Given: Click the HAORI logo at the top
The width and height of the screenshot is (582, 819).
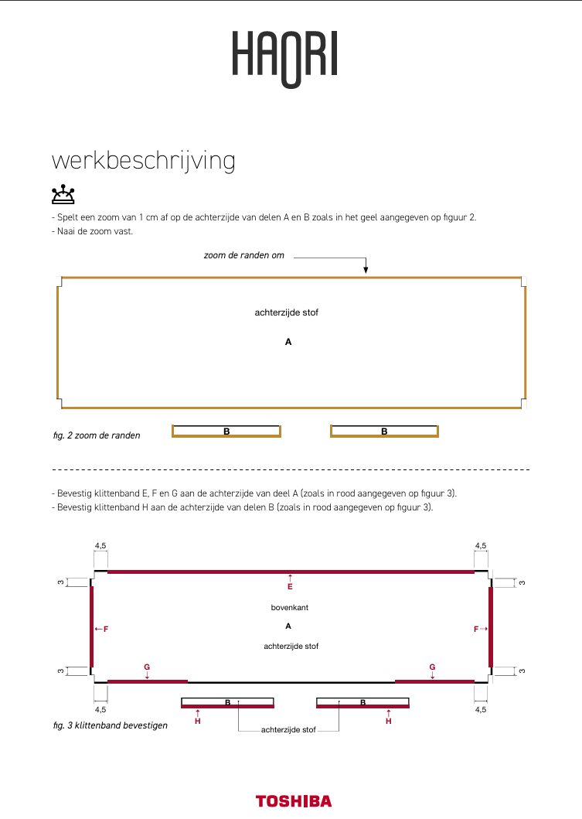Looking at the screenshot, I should pyautogui.click(x=285, y=57).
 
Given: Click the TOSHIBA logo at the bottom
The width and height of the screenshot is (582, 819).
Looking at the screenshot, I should pyautogui.click(x=294, y=801).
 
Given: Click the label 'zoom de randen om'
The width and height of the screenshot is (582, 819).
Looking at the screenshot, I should pyautogui.click(x=243, y=255).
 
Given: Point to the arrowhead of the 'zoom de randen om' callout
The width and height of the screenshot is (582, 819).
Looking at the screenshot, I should pyautogui.click(x=366, y=270).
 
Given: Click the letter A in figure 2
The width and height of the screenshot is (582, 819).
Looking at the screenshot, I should pyautogui.click(x=288, y=341).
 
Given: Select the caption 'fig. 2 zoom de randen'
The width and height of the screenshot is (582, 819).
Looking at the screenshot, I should pyautogui.click(x=97, y=435).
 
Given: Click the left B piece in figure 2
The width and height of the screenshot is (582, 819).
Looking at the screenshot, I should pyautogui.click(x=226, y=431).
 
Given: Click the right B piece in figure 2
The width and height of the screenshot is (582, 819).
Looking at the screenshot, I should pyautogui.click(x=384, y=431).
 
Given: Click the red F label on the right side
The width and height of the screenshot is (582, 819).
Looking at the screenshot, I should pyautogui.click(x=478, y=630).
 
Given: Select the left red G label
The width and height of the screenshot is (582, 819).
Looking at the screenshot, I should pyautogui.click(x=147, y=667).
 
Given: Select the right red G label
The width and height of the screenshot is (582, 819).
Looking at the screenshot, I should pyautogui.click(x=432, y=667).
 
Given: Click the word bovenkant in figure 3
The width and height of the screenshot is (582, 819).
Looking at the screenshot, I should pyautogui.click(x=290, y=608).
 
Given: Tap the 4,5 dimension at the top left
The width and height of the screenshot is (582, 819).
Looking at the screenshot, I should pyautogui.click(x=100, y=545).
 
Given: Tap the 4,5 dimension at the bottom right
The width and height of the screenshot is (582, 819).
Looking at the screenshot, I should pyautogui.click(x=481, y=709).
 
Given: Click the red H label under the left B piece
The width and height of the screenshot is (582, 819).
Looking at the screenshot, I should pyautogui.click(x=198, y=721).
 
